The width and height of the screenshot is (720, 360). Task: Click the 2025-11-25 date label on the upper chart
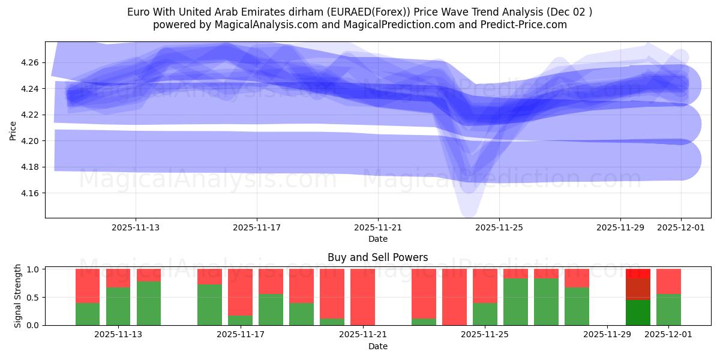point(499,227)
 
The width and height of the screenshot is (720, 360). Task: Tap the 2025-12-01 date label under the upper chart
point(681,227)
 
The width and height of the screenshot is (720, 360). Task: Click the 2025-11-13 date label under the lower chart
point(118,335)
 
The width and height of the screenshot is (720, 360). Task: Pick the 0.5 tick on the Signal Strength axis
point(34,298)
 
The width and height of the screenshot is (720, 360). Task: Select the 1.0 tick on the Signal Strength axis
point(34,269)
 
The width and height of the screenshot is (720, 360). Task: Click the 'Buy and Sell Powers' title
point(377,257)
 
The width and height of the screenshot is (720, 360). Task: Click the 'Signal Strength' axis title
point(18,296)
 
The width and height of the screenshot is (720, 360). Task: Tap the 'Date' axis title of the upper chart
point(377,239)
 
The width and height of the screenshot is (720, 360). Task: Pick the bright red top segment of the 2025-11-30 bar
point(638,274)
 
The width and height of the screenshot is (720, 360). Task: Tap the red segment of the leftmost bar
point(88,286)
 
